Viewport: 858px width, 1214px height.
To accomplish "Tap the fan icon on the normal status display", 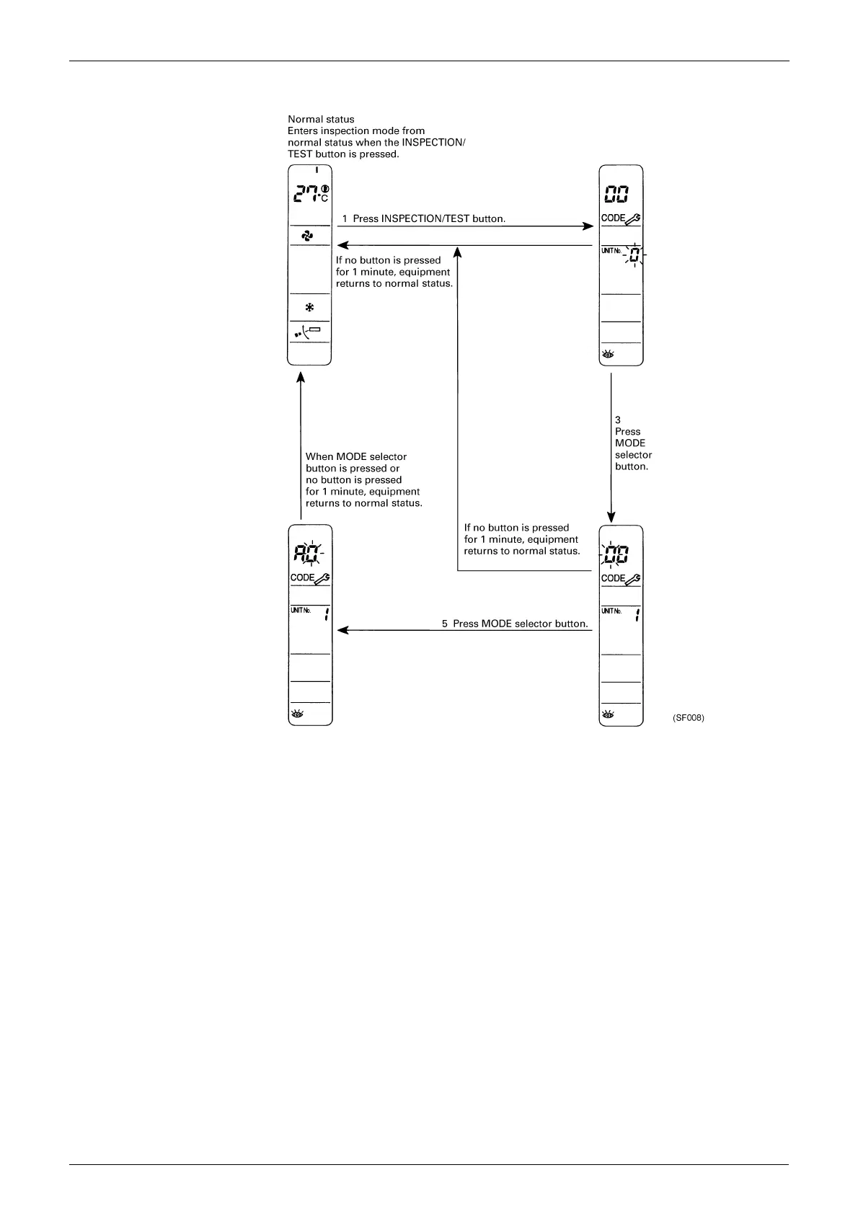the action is pos(308,236).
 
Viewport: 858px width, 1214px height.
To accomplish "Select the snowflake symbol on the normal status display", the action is pos(309,307).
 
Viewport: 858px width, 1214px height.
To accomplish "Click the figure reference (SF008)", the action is pos(688,718).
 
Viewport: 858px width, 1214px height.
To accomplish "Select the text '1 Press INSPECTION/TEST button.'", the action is pos(423,218).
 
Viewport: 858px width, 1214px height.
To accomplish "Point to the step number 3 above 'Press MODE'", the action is pos(618,420).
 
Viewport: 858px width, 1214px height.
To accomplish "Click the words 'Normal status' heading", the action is pos(321,119).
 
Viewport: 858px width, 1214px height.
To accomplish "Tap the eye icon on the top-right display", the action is pos(607,355).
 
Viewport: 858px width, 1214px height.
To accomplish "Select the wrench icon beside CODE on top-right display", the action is pos(633,218).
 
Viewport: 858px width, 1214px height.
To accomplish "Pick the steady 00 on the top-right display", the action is pos(615,195).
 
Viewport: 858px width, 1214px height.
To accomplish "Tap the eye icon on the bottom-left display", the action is pos(296,714).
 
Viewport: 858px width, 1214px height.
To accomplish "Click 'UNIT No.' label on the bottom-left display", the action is pos(301,611).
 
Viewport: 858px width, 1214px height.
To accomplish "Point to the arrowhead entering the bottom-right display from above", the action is pos(611,517).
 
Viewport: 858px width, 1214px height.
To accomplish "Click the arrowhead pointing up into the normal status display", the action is pos(301,377).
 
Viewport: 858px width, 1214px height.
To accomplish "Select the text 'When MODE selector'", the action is pos(356,456).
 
